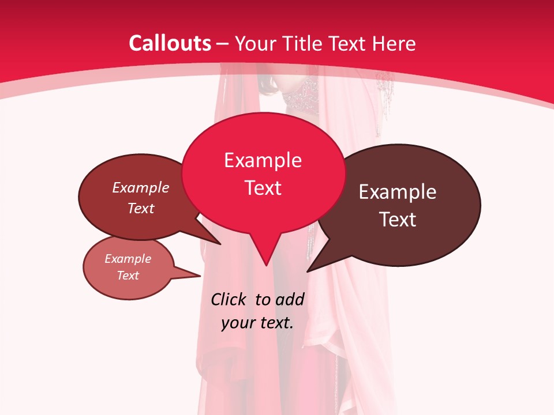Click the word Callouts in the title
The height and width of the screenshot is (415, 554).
pyautogui.click(x=170, y=43)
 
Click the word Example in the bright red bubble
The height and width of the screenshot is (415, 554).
pyautogui.click(x=263, y=160)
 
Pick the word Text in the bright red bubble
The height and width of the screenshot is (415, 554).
pyautogui.click(x=263, y=188)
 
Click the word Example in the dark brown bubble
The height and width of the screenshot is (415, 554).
pyautogui.click(x=398, y=192)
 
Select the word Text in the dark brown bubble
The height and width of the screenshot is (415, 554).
pyautogui.click(x=398, y=220)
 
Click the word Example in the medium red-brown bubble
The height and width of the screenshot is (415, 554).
pyautogui.click(x=140, y=187)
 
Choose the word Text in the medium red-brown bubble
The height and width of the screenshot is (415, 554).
pyautogui.click(x=140, y=208)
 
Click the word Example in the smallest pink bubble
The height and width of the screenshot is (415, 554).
pyautogui.click(x=128, y=259)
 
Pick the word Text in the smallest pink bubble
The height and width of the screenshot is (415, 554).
pyautogui.click(x=128, y=276)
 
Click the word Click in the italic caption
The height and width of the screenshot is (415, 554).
pyautogui.click(x=229, y=299)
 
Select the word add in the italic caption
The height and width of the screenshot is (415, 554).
pyautogui.click(x=289, y=299)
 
